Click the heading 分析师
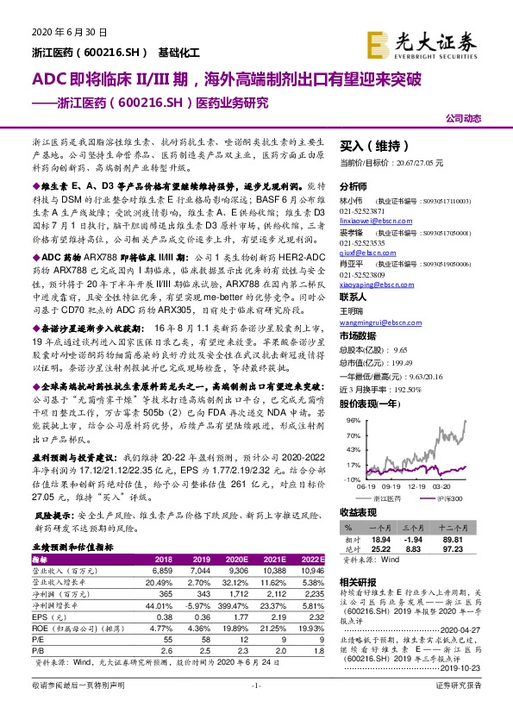click(353, 186)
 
